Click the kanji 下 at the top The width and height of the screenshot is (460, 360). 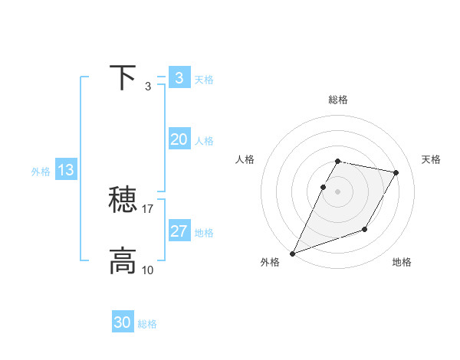point(123,78)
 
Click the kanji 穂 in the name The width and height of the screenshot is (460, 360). point(123,201)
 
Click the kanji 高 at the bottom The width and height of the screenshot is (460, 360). point(123,261)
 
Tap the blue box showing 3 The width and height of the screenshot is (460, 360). point(179,78)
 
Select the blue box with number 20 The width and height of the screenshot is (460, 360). point(179,139)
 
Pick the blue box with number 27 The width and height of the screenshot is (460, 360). point(179,231)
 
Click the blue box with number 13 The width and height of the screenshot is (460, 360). point(66,170)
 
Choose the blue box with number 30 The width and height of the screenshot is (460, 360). point(123,322)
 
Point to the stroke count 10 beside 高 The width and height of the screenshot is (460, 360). point(148,270)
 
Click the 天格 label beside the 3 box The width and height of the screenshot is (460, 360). point(204,80)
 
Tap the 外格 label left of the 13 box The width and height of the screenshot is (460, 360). point(41,172)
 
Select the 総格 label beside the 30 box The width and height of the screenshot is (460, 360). point(147,324)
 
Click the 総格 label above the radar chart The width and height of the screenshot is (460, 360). point(337,100)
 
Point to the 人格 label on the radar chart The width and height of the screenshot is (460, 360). point(245,159)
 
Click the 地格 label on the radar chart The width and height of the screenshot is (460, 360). point(402,263)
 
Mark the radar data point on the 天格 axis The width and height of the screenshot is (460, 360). point(396,173)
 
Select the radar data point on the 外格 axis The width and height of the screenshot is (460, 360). point(293,253)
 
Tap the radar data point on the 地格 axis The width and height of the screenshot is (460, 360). point(365,229)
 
